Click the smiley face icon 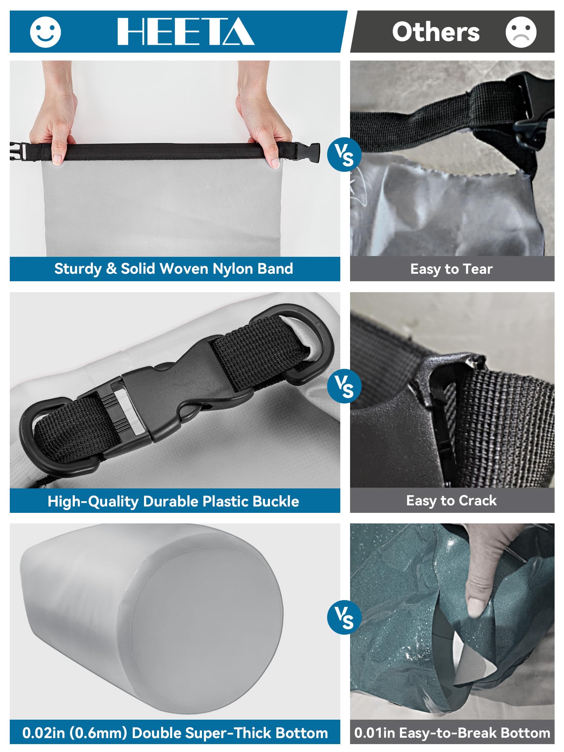coord(45,32)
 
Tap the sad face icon coord(521,32)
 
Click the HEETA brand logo coord(186,32)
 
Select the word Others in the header coord(436,32)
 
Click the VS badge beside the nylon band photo coord(344,155)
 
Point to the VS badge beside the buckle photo coord(344,386)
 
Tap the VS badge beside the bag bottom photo coord(344,617)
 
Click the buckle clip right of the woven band coord(307,153)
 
